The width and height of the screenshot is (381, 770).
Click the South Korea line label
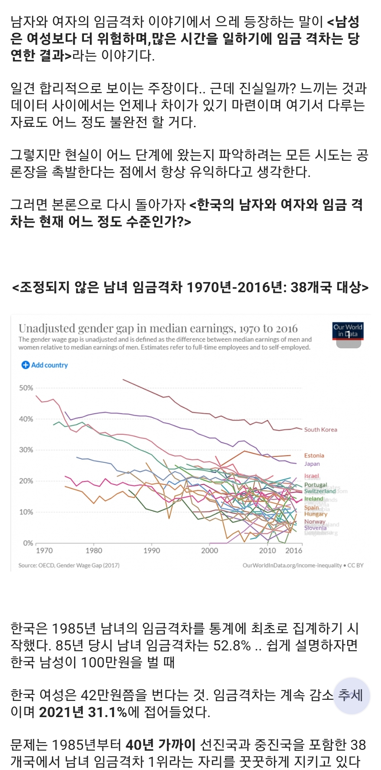click(320, 429)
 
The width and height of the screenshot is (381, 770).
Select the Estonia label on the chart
click(314, 456)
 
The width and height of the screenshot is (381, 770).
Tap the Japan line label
click(312, 464)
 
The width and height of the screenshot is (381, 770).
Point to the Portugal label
click(316, 485)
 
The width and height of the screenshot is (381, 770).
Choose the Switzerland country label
click(320, 491)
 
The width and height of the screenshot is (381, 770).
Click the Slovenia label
click(315, 528)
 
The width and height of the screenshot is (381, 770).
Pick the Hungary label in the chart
click(316, 514)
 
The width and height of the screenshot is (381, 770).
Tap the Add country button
click(45, 365)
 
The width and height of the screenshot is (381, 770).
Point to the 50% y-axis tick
click(26, 388)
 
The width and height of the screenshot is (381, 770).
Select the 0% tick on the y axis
click(28, 543)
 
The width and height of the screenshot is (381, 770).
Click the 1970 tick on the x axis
click(44, 551)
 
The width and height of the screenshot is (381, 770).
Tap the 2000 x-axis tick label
click(210, 551)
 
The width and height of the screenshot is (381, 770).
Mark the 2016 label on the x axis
click(294, 551)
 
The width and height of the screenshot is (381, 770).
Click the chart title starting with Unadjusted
click(158, 329)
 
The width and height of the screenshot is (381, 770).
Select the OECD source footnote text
click(69, 565)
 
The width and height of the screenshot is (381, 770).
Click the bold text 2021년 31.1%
click(83, 712)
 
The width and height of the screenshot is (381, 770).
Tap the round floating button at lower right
click(351, 696)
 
